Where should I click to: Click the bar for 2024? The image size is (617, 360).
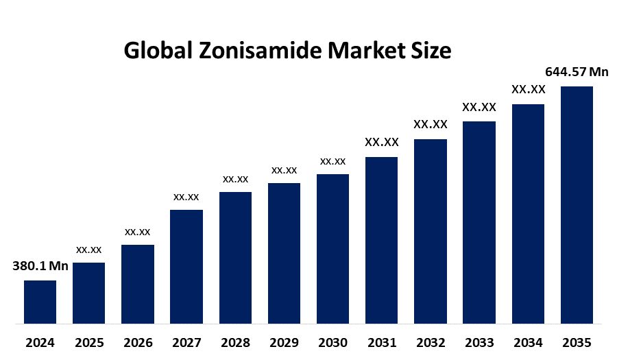click(40, 302)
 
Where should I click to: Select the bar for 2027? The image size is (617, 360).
click(186, 266)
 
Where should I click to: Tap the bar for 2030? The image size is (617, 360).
click(332, 248)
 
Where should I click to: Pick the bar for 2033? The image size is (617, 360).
click(479, 222)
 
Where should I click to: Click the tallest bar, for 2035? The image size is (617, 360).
click(577, 204)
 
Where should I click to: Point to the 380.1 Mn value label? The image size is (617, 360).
click(40, 267)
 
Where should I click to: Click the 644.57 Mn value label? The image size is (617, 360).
click(577, 72)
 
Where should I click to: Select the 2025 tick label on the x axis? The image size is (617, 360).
click(89, 342)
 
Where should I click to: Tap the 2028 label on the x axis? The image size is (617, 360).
click(235, 342)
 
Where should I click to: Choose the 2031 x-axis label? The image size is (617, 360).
click(382, 342)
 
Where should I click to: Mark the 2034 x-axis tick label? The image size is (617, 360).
click(528, 342)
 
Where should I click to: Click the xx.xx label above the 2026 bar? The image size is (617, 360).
click(138, 232)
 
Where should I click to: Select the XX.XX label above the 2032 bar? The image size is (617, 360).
click(431, 125)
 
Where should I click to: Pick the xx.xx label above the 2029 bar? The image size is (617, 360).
click(284, 170)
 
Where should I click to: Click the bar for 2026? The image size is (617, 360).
click(138, 284)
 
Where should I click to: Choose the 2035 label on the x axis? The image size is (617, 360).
click(577, 342)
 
